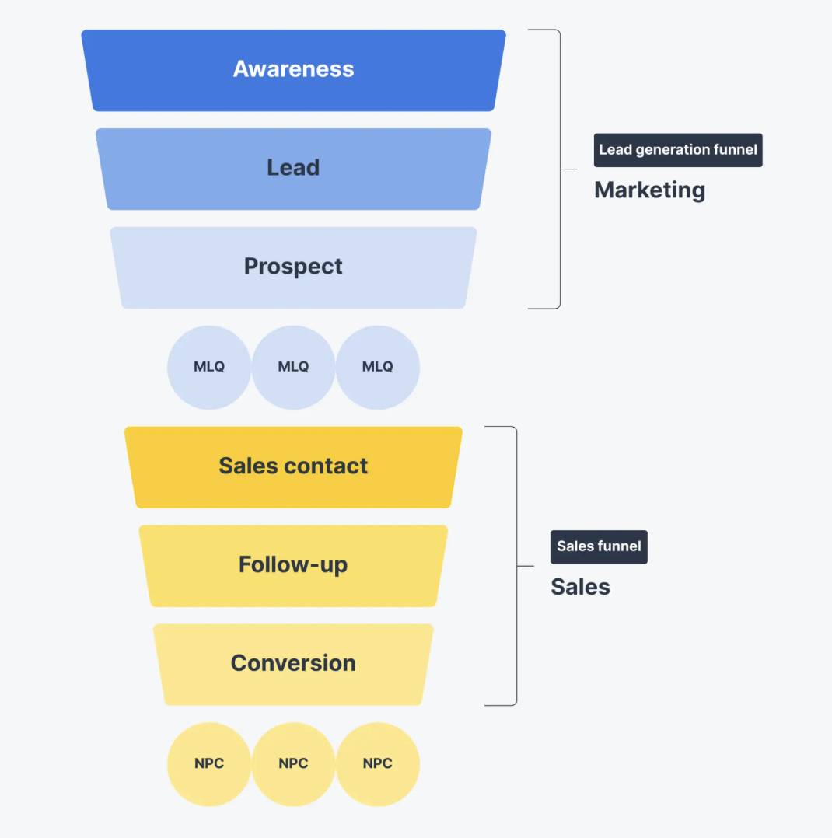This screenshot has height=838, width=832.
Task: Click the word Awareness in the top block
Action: coord(293,69)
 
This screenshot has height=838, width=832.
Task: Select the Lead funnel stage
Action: coord(293,168)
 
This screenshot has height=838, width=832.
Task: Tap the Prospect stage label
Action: coord(293,267)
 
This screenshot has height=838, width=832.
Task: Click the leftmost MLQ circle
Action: coord(209,367)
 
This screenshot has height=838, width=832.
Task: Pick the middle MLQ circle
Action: coord(293,367)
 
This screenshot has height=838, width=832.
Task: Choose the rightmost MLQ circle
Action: coord(378,367)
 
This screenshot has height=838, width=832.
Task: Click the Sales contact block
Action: coord(293,466)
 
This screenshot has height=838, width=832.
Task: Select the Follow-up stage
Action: coord(293,565)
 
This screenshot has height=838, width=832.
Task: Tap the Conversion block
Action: coord(293,664)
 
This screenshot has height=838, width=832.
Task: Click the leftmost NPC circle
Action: coord(209,763)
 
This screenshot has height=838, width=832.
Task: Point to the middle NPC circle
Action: coord(293,763)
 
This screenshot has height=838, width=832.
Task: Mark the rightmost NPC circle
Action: coord(378,763)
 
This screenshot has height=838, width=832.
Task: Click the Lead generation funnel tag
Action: coord(678,150)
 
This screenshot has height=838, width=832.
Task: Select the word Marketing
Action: coord(649,190)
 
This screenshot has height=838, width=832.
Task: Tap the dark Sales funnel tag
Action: coord(599,546)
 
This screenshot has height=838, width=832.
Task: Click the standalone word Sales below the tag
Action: coord(580,587)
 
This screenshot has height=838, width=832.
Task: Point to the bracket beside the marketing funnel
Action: coord(559,169)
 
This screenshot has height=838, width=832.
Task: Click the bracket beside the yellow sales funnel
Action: coord(516,566)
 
